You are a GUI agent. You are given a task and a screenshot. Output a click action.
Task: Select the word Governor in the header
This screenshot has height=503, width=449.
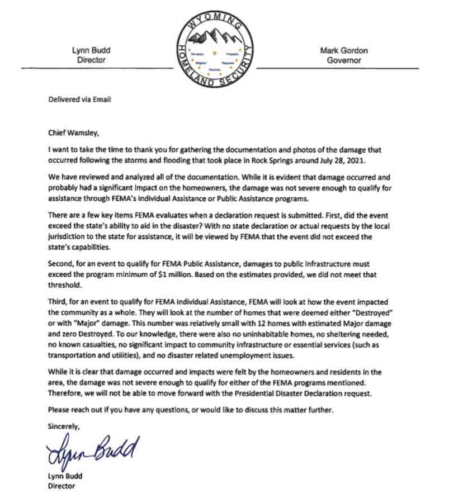tap(344, 60)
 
